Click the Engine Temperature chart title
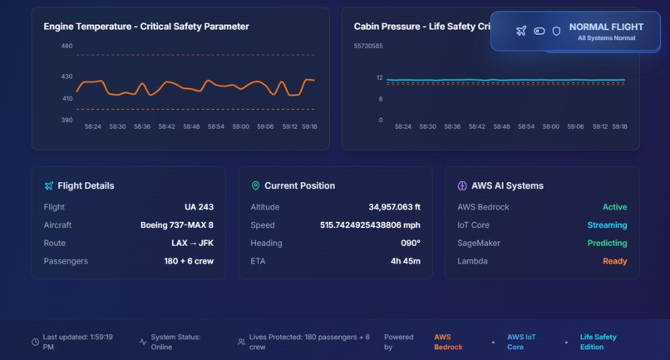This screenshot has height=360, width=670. click(x=146, y=27)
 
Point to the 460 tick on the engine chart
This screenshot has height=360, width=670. click(x=67, y=46)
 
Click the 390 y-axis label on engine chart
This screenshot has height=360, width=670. click(x=67, y=120)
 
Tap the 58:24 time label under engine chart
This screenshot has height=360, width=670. click(x=93, y=127)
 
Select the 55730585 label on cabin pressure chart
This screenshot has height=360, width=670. click(x=368, y=46)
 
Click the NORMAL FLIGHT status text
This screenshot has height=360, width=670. click(x=606, y=27)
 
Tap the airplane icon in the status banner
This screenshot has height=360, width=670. click(x=521, y=31)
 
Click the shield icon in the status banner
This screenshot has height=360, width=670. click(x=556, y=31)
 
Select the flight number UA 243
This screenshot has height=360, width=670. click(x=199, y=207)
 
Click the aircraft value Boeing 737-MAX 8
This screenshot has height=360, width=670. click(x=177, y=225)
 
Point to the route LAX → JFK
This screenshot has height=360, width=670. click(x=192, y=244)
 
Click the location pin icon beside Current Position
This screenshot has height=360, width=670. click(x=255, y=185)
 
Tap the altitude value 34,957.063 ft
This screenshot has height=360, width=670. click(x=394, y=207)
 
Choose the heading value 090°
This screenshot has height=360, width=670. click(x=411, y=244)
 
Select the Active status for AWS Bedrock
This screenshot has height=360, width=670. click(x=614, y=207)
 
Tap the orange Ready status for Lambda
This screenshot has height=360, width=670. click(x=614, y=261)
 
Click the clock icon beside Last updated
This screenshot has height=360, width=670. click(x=35, y=342)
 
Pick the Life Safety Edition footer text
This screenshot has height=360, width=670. click(x=598, y=342)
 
